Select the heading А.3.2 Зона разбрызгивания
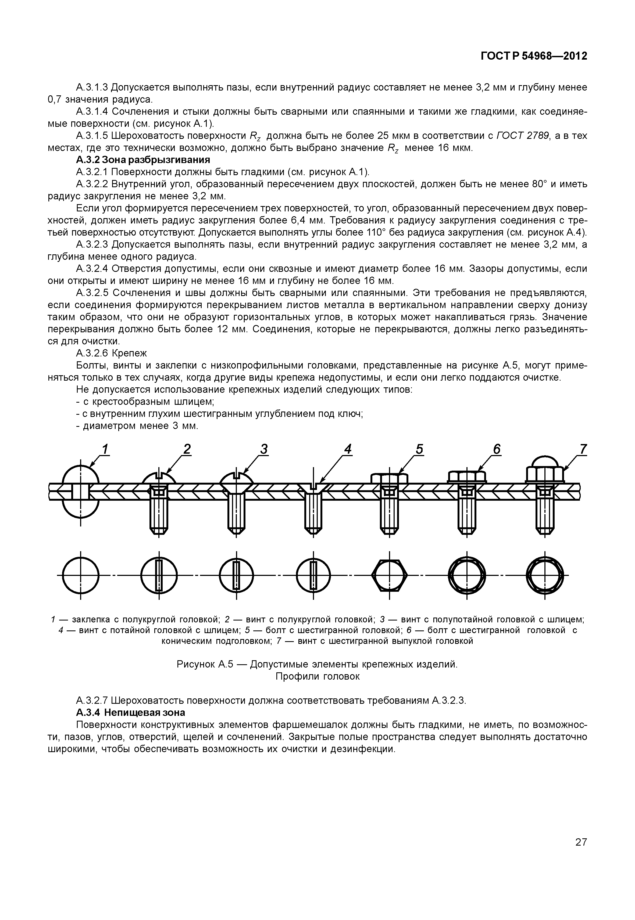[x=143, y=160]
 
